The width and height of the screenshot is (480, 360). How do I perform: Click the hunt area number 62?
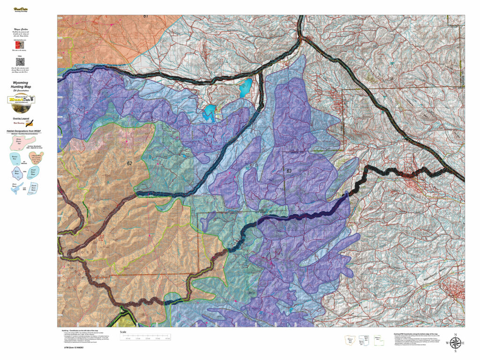point(129,164)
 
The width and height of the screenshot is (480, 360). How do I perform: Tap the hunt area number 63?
point(289,171)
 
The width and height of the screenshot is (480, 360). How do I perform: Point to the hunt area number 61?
point(146,16)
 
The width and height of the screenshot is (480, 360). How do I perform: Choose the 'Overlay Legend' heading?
point(19,119)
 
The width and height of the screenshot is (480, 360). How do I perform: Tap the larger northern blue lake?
point(245,87)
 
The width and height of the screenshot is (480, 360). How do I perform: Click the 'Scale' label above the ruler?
point(123,332)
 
